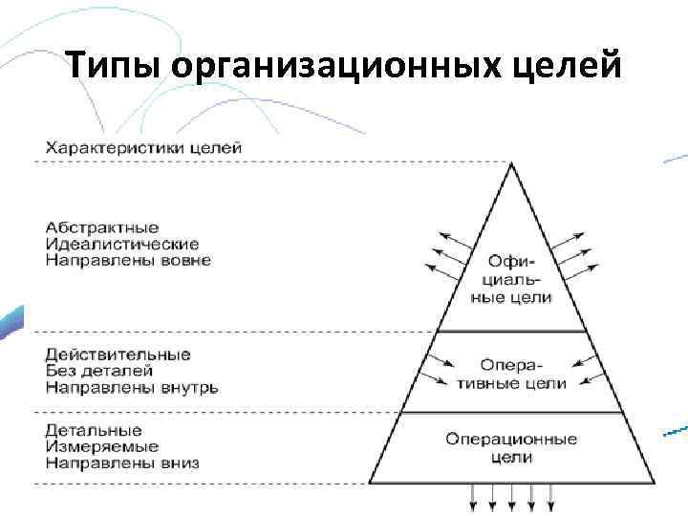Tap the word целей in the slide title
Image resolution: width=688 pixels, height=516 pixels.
pos(572,66)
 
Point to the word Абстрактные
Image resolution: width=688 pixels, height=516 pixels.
pos(101,228)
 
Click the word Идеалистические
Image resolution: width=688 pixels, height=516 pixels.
pos(121,245)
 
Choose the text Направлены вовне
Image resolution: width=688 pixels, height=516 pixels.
pos(127,260)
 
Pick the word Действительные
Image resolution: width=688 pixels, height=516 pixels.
pos(118,355)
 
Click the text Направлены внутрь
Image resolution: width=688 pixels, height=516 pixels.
pos(131,387)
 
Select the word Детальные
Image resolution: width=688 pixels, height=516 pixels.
pos(94,431)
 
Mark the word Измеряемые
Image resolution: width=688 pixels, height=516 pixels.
pos(99,446)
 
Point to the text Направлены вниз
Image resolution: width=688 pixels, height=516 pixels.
pos(121,462)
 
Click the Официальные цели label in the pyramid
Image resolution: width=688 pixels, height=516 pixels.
pos(513,278)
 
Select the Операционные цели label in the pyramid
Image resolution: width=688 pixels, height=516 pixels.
pos(511,448)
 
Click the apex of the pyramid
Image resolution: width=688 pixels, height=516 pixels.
pos(511,165)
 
